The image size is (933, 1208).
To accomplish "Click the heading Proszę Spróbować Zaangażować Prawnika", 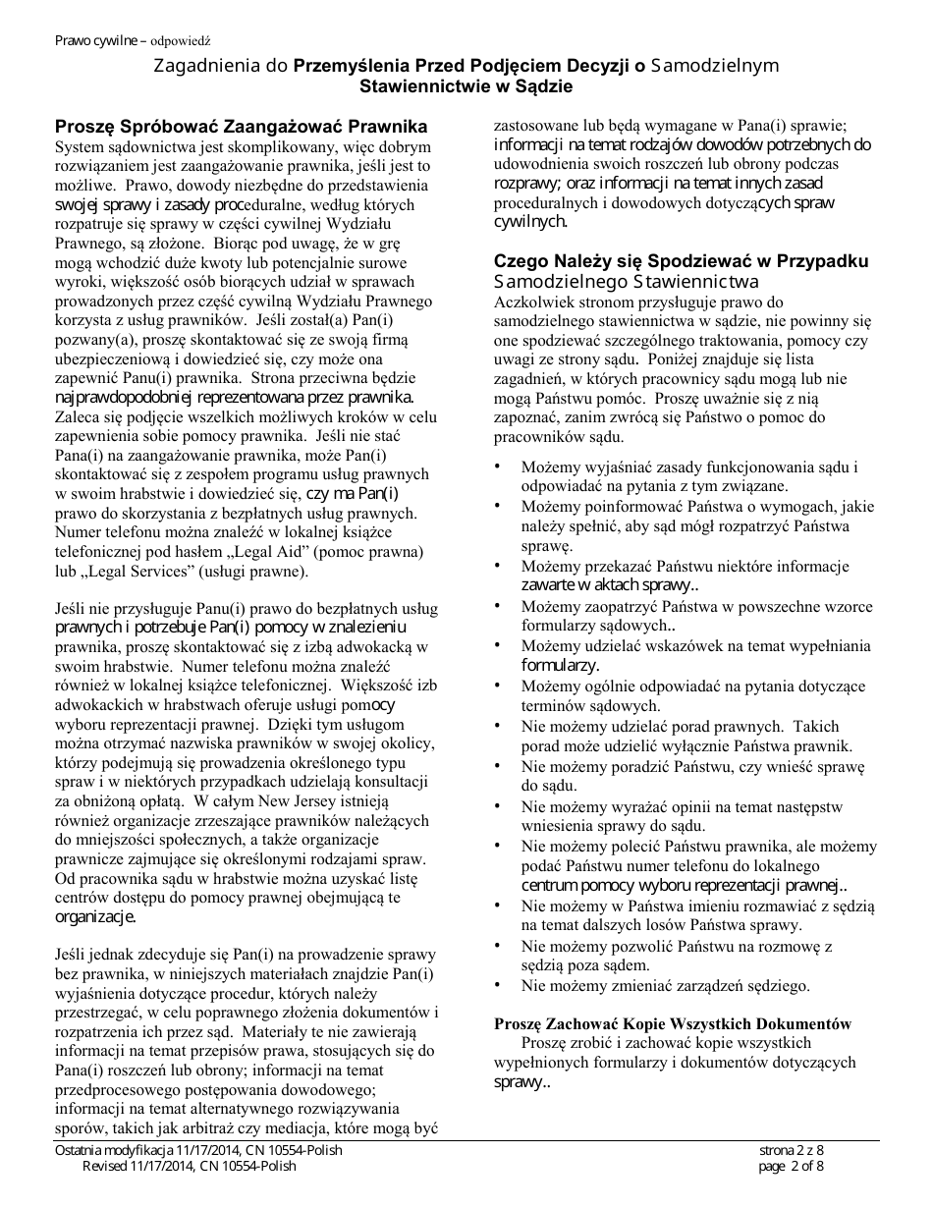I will (241, 127).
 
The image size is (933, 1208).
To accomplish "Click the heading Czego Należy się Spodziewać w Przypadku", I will (681, 261).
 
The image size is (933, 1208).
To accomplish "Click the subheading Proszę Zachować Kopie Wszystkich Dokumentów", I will (673, 1023).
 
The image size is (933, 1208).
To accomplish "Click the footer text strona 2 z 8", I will (792, 1150).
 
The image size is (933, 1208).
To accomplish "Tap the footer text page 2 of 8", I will (792, 1166).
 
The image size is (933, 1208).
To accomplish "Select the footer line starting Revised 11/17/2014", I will (189, 1166).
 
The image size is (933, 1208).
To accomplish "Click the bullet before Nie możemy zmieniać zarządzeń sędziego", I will (498, 983).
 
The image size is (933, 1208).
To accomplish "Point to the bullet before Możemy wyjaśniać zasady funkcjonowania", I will (498, 466).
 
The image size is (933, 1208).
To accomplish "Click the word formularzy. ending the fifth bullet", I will (560, 665).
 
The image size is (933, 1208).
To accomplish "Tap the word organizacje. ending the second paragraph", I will (94, 916).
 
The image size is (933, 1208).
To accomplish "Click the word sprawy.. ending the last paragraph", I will (521, 1081).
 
